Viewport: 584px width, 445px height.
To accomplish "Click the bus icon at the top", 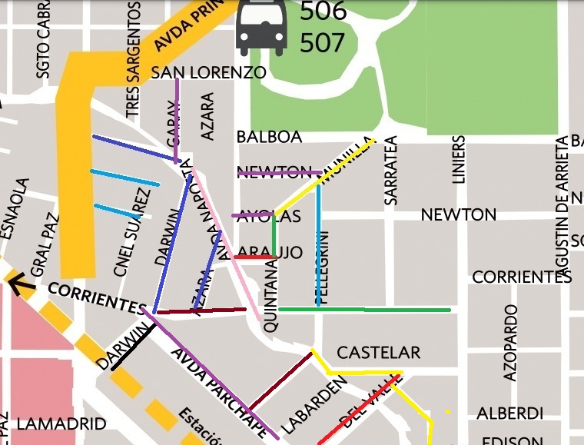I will [x=261, y=27].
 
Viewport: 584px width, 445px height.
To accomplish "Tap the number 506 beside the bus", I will [x=323, y=11].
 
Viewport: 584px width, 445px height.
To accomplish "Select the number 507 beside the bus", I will [x=323, y=43].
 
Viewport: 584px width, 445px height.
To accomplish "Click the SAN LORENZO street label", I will [x=208, y=73].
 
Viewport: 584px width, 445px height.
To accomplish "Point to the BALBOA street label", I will [x=269, y=137].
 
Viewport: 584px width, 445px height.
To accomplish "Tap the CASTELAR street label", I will [x=379, y=353].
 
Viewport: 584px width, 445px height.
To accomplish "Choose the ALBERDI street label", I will [x=509, y=413].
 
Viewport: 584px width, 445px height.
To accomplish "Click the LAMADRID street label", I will [x=61, y=423].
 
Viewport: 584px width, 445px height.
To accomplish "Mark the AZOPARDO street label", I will [x=510, y=343].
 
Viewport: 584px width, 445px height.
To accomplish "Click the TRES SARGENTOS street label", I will [x=134, y=60].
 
